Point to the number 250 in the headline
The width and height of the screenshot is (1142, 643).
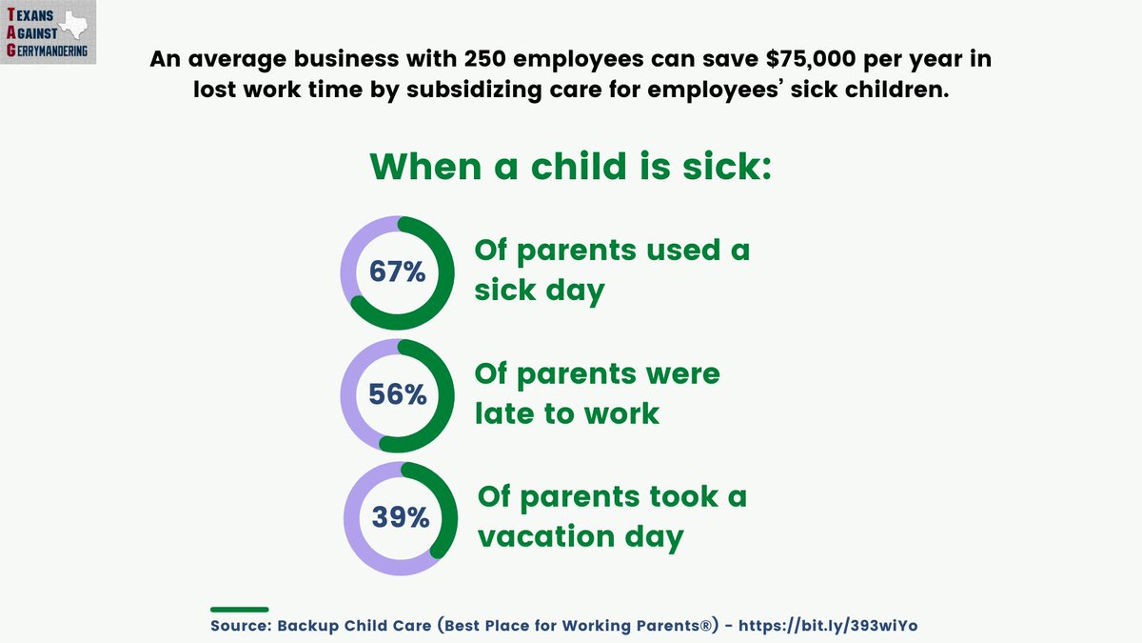pos(495,59)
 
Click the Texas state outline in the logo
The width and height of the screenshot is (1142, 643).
pos(74,27)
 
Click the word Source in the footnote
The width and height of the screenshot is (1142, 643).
pos(237,625)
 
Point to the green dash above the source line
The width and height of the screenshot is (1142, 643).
pos(239,609)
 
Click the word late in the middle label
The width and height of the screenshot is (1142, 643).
pos(508,412)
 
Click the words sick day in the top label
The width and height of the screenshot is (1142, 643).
pos(540,291)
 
